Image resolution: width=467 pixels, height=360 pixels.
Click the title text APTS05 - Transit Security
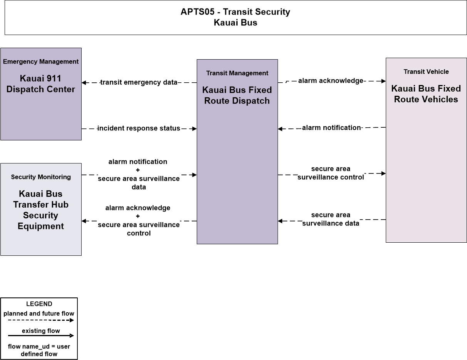point(235,12)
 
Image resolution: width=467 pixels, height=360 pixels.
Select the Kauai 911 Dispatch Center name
point(41,84)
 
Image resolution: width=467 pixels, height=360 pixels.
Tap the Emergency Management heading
point(41,62)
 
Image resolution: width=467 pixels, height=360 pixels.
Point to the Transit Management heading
point(237,73)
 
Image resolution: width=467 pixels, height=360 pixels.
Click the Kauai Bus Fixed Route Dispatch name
point(237,95)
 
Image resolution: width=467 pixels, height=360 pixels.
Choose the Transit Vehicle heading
point(426,72)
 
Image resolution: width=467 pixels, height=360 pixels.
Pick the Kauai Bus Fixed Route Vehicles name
point(426,94)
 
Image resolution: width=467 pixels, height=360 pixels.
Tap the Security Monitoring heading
point(41,177)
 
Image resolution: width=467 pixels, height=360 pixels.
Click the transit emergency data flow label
point(139,82)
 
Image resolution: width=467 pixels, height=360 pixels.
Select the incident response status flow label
point(139,128)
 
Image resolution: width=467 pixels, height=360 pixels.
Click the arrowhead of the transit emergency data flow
point(84,82)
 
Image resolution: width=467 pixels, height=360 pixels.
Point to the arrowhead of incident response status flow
point(194,128)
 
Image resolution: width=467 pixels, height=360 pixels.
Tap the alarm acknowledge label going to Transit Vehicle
point(331,81)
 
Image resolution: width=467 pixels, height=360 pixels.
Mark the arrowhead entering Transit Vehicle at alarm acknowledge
point(383,81)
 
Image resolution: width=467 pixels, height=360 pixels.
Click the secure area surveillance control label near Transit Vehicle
point(331,173)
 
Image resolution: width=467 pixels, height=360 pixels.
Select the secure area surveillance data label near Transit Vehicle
point(331,219)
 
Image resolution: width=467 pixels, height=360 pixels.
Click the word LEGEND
point(39,304)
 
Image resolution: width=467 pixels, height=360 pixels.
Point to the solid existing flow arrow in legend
point(41,335)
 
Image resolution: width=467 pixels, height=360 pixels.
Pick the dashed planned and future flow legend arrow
point(41,320)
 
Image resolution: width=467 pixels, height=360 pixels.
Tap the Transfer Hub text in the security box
point(41,205)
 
